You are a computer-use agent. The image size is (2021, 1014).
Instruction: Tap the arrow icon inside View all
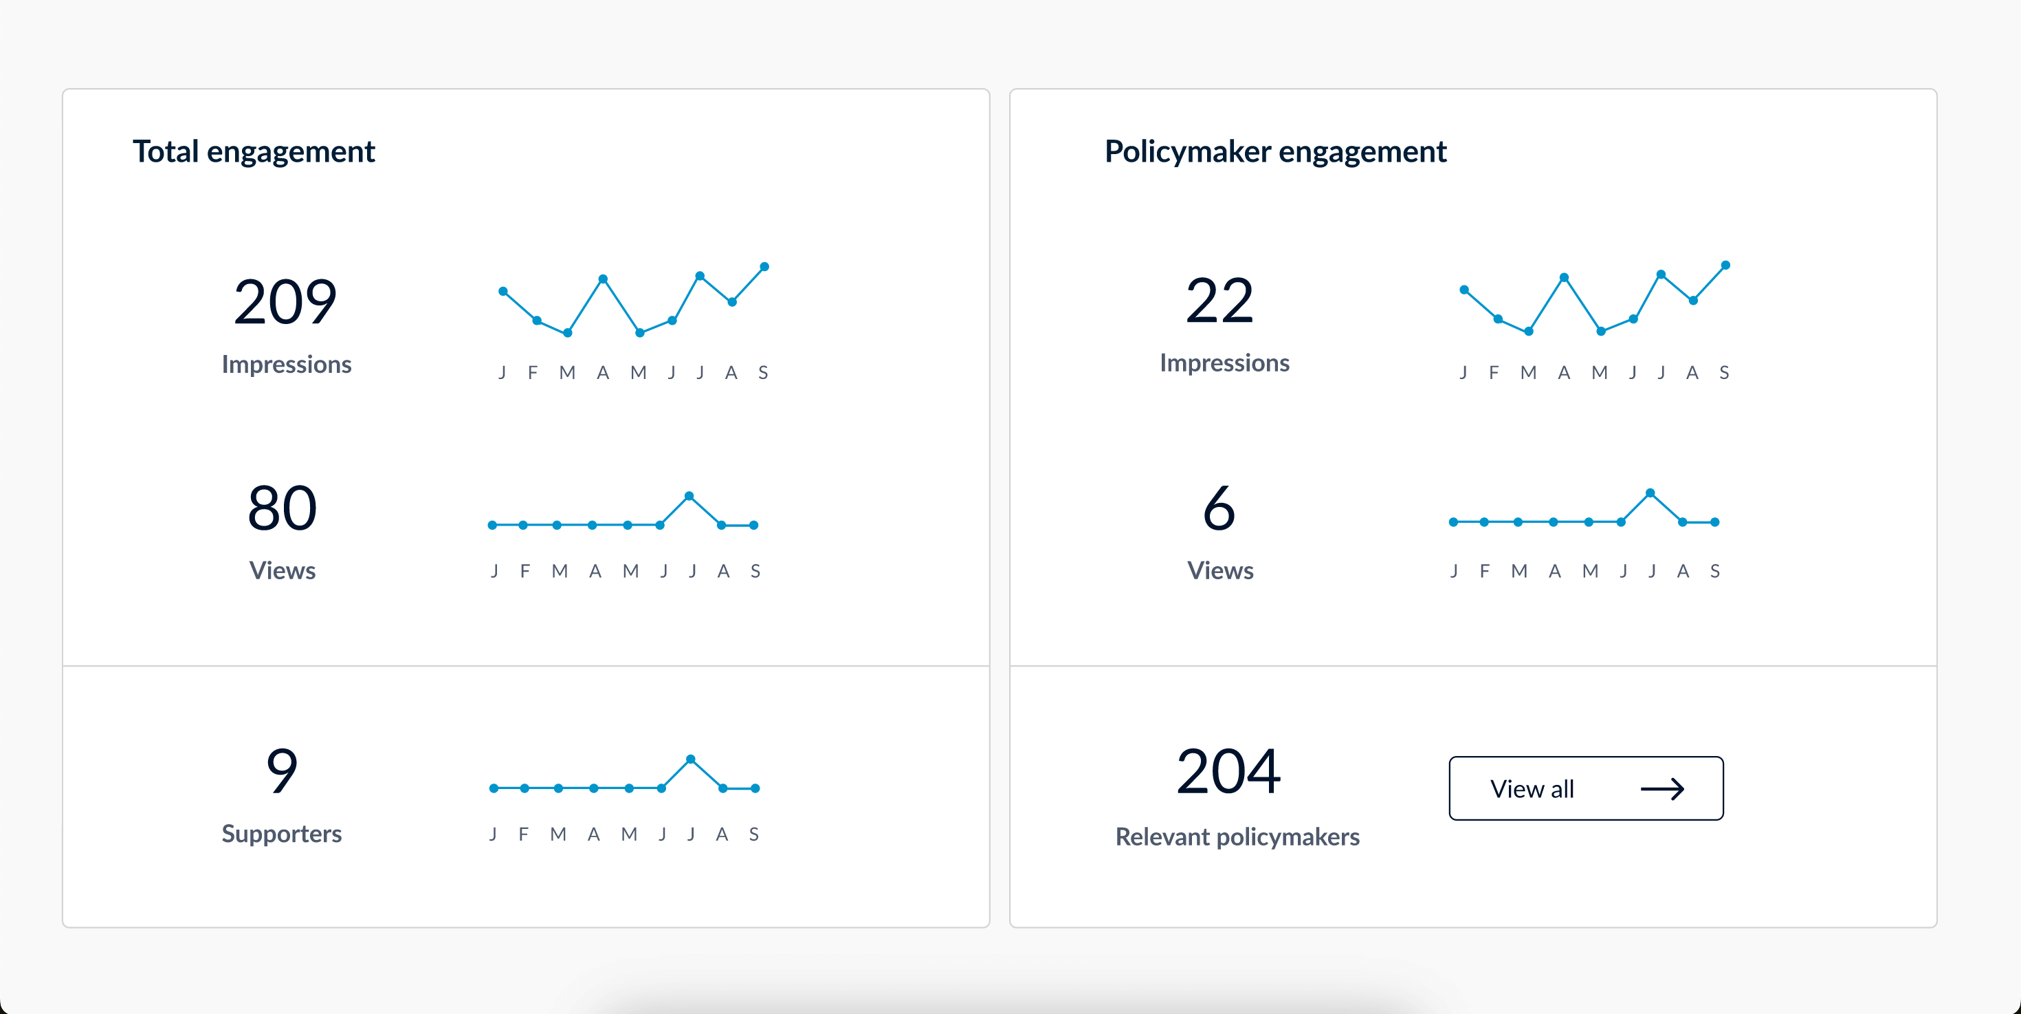tap(1661, 789)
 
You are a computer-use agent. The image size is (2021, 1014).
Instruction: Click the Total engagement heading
tap(254, 151)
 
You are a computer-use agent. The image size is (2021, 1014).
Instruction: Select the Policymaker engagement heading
tap(1275, 151)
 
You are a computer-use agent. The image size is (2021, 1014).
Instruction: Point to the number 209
tap(285, 302)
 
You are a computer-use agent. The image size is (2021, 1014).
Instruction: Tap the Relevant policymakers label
tap(1237, 837)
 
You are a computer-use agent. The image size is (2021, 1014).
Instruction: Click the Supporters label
tap(282, 834)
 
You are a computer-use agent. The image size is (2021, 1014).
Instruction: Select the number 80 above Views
tap(282, 508)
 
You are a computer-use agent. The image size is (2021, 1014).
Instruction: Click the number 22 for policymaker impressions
tap(1219, 301)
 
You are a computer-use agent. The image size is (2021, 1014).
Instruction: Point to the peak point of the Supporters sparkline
tap(690, 759)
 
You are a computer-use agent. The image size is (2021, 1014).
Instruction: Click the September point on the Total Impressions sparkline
tap(764, 267)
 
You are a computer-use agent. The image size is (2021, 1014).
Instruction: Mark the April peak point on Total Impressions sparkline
tap(603, 279)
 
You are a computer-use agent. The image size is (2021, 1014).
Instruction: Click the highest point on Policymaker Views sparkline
tap(1650, 493)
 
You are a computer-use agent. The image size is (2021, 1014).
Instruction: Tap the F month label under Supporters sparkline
tap(523, 834)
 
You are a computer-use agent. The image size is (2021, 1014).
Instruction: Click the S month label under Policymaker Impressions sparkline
tap(1723, 373)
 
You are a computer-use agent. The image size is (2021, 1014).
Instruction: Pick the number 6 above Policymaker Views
tap(1219, 508)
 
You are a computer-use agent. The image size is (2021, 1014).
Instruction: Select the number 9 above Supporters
tap(282, 770)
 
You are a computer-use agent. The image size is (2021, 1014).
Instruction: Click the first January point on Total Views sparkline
tap(493, 525)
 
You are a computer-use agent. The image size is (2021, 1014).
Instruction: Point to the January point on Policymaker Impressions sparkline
tap(1464, 290)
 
